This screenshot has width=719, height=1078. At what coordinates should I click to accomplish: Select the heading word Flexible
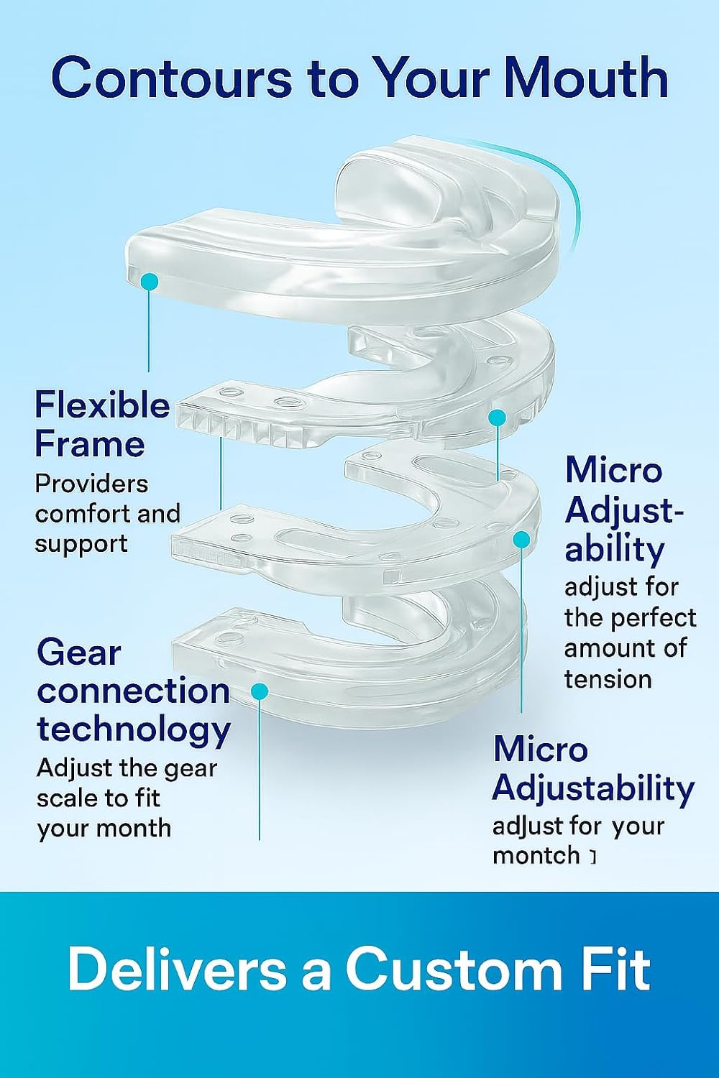tap(102, 405)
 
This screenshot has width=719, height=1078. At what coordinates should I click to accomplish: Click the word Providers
tap(91, 484)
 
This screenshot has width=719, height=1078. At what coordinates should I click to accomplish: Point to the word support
tap(81, 545)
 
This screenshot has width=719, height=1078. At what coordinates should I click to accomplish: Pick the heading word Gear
tap(78, 653)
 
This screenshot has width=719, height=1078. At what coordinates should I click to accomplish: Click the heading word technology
tap(134, 731)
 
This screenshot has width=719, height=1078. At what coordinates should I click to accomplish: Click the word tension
tap(608, 679)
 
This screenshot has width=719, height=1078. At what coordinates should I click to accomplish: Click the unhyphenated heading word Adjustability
tap(593, 789)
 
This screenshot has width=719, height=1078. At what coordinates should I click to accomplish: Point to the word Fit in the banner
tap(613, 969)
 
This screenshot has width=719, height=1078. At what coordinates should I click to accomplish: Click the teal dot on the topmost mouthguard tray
tap(150, 282)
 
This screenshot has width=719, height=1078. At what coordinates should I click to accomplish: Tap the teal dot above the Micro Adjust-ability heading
tap(497, 418)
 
